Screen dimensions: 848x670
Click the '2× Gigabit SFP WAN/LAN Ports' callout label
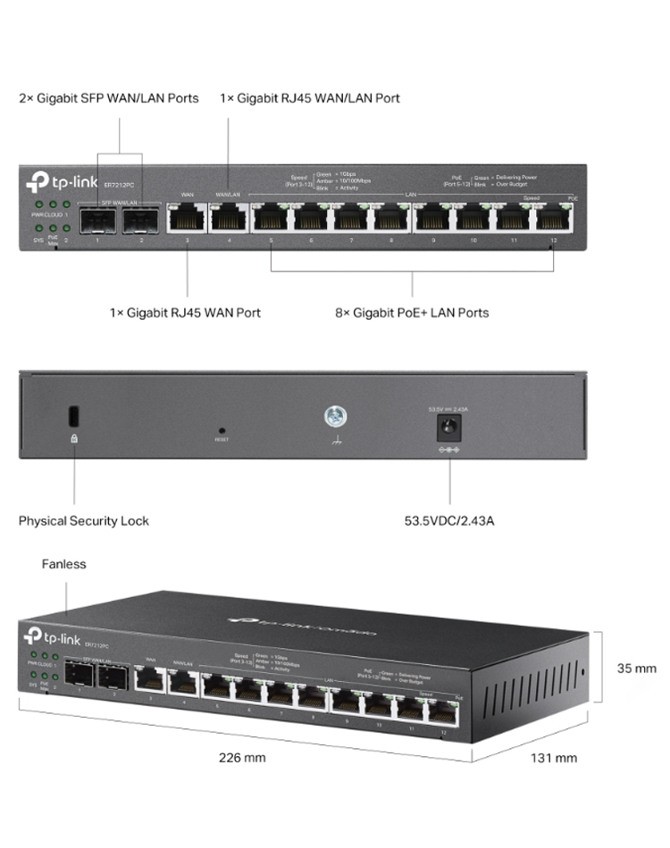coord(109,97)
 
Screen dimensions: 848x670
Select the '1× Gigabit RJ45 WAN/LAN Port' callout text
coord(310,97)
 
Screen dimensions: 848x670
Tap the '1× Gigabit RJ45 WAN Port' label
coord(185,312)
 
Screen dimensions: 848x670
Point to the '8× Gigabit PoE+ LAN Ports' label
coord(412,312)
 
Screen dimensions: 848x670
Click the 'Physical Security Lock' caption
coord(84,520)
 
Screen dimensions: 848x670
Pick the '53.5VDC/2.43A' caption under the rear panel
coord(449,520)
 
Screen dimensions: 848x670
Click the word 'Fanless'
coord(64,564)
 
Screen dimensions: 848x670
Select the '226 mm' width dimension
coord(242,758)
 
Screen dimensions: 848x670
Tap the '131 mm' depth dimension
coord(554,758)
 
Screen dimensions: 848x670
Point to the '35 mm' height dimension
coord(638,668)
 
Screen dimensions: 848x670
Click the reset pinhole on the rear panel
coord(221,429)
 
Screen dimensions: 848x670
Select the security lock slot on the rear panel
coord(74,417)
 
